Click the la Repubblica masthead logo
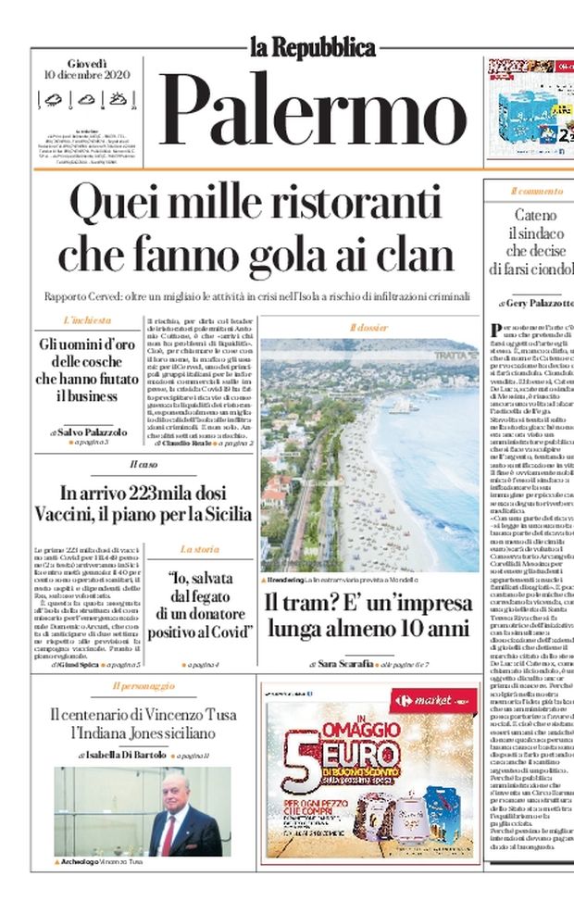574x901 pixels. coord(312,47)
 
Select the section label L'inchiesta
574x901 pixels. coord(87,320)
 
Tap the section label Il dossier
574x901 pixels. coord(368,328)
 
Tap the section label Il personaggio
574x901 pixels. coord(143,686)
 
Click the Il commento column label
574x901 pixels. coord(535,192)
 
